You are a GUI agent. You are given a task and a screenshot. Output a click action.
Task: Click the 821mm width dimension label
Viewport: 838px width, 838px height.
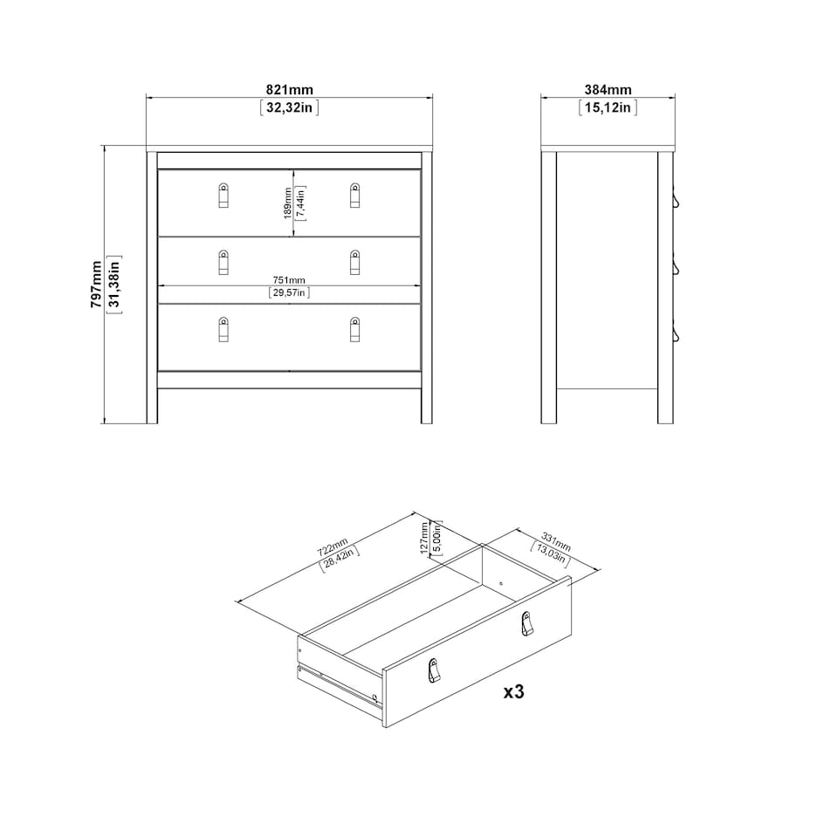click(289, 90)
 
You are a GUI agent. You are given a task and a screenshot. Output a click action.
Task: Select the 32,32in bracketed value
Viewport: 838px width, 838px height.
click(289, 108)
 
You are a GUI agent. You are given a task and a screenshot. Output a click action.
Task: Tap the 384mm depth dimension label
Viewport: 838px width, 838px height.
click(608, 90)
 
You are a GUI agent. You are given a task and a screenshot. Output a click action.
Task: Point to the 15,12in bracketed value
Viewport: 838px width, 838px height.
click(608, 108)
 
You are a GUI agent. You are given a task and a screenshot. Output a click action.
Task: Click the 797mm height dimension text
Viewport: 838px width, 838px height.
click(97, 284)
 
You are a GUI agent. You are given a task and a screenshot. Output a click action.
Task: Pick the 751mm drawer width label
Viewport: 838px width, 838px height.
click(289, 279)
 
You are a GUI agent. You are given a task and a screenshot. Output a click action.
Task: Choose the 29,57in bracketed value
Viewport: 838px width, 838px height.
click(289, 293)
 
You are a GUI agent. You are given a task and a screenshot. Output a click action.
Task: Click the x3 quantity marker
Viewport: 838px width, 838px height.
click(513, 692)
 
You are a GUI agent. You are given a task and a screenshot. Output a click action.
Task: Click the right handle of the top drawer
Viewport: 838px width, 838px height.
click(354, 196)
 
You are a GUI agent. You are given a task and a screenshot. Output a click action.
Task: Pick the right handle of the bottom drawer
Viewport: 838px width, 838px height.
click(354, 329)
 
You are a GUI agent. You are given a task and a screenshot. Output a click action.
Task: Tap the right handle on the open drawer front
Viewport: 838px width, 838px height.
click(525, 623)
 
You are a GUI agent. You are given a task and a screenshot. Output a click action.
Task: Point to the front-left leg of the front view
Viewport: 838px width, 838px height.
click(152, 406)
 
